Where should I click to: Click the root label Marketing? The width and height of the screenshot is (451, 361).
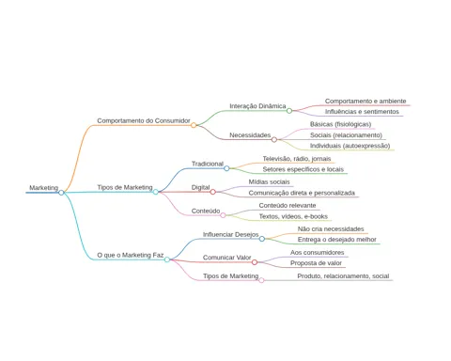point(44,188)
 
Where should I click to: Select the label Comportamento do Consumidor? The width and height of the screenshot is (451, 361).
point(144,120)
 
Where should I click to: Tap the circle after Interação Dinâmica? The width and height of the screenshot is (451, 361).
point(289,111)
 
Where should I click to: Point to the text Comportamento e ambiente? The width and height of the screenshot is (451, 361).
point(365,102)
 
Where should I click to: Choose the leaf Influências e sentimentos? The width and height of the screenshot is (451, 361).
point(362,112)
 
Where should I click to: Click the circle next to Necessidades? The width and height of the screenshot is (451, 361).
point(274,139)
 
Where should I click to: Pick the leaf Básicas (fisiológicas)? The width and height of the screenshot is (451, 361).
point(341,124)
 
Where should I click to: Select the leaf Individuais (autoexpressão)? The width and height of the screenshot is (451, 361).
point(350,146)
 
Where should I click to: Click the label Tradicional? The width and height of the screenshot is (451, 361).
point(208,164)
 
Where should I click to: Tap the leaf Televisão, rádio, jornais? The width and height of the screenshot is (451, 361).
point(297,159)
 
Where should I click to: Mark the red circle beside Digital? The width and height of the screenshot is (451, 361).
point(213,192)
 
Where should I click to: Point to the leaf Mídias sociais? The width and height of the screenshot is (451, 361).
point(270,182)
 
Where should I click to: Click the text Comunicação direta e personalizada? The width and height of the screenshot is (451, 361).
point(302,193)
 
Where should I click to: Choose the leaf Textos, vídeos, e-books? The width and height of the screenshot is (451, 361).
point(293,216)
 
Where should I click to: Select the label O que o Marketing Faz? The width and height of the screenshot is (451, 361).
point(131,255)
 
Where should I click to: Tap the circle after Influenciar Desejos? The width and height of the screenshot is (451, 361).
point(262,239)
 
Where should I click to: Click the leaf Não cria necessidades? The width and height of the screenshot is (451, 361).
point(331,229)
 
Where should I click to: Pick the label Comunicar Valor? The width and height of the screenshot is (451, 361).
point(227,258)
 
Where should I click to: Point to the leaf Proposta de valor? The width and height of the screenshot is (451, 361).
point(316,263)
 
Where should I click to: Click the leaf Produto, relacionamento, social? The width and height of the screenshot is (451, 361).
point(343,276)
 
